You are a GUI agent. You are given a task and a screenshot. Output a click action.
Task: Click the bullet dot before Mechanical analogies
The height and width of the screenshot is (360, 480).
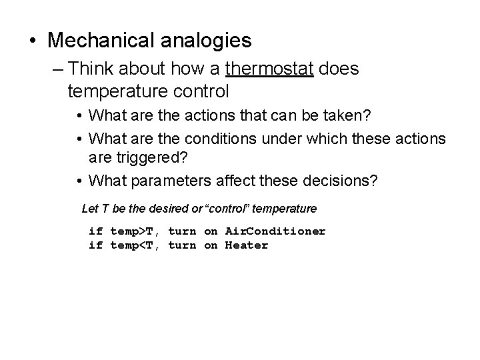34,41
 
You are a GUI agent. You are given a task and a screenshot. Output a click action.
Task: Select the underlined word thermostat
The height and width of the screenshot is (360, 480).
270,69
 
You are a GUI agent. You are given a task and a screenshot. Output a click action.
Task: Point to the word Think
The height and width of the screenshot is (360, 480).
92,69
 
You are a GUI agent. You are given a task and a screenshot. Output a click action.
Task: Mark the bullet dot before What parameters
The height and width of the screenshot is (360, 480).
79,181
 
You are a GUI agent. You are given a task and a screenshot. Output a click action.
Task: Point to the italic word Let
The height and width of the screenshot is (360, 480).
89,209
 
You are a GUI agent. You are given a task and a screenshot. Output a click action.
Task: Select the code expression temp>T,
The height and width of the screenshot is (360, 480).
135,231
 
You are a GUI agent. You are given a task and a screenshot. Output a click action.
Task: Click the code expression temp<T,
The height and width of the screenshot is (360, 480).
135,245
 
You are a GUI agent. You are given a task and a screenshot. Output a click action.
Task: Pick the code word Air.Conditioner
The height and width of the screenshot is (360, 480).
275,231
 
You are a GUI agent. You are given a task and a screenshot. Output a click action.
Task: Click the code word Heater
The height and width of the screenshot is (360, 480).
247,245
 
